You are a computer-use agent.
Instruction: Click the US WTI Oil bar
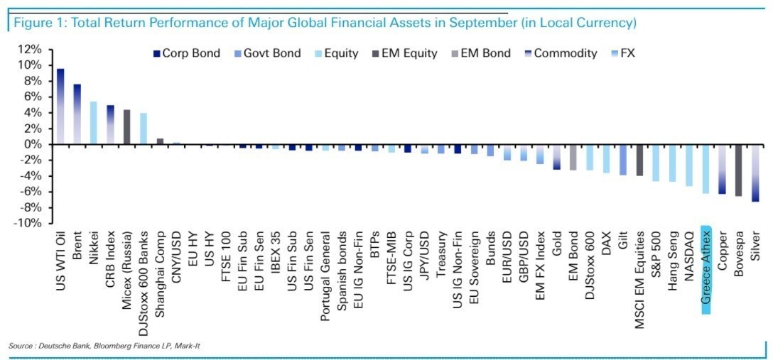(60, 107)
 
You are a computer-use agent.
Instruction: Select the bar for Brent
(77, 114)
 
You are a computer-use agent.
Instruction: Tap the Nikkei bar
(93, 123)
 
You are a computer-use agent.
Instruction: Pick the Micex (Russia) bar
(126, 127)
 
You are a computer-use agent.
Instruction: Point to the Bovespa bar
(739, 170)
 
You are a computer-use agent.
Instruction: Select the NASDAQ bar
(688, 165)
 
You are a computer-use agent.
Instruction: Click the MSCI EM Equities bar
(639, 160)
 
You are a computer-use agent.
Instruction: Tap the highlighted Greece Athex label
(706, 270)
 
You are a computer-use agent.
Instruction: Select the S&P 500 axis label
(656, 249)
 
